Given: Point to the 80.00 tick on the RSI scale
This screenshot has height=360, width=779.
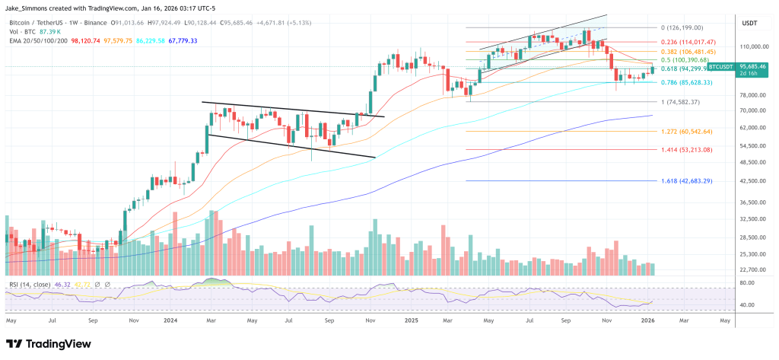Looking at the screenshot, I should [x=747, y=283].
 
